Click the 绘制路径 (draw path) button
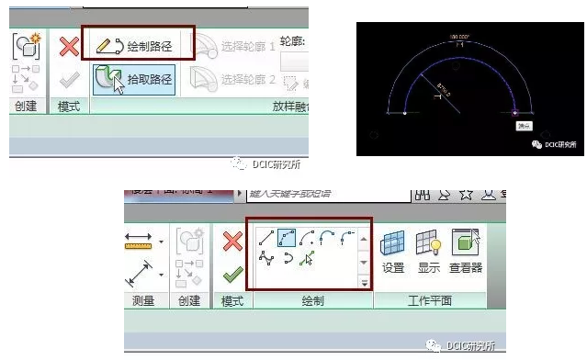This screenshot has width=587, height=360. click(138, 44)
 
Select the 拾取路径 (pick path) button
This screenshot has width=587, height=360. click(138, 79)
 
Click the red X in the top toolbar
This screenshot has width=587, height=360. click(69, 46)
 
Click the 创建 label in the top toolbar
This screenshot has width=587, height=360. click(25, 107)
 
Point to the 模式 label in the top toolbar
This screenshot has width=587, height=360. click(68, 107)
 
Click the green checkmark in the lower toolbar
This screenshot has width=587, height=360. click(233, 274)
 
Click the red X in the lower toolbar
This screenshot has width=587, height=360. click(233, 242)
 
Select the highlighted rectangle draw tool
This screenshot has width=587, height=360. click(287, 239)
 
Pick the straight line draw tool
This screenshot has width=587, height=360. click(266, 239)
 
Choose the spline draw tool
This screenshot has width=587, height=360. click(266, 260)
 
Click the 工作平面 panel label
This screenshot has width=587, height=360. click(429, 301)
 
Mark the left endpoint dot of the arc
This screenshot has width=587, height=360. click(405, 113)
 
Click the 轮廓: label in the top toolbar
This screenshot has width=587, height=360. click(291, 42)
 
